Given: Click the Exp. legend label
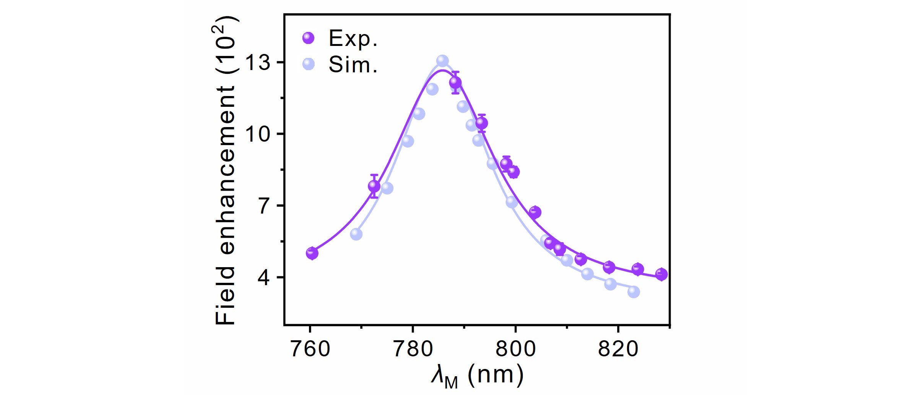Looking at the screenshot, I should (353, 39).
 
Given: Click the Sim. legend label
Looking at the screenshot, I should (353, 65).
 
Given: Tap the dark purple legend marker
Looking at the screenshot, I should (308, 38).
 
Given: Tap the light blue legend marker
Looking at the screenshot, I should (308, 64).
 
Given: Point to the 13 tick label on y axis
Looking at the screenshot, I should (258, 62).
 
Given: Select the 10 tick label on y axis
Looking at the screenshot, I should (258, 134).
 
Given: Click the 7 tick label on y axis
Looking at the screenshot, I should (265, 206).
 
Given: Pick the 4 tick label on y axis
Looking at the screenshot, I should (265, 277).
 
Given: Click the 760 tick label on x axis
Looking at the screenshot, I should (310, 349).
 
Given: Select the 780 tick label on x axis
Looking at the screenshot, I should (413, 349).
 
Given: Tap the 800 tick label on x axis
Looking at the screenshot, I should (515, 349).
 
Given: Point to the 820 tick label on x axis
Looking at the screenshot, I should (618, 349).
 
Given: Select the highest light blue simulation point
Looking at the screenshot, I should (442, 61).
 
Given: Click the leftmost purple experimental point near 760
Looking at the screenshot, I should (312, 253).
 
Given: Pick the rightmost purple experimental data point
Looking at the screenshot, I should (662, 274).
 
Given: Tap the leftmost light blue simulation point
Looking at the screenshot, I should (356, 234).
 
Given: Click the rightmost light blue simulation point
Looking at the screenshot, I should (634, 292).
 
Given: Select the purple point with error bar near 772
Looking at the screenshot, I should (374, 186).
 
